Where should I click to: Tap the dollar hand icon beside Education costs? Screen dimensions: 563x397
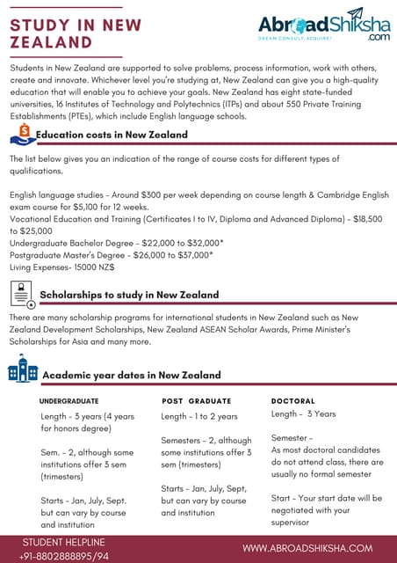click(22, 135)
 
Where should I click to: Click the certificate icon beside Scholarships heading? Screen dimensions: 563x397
click(24, 295)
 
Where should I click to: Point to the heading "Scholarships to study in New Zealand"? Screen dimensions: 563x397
click(130, 295)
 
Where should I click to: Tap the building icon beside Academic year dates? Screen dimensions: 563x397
click(23, 369)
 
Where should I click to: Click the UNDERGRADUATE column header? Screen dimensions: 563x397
click(69, 400)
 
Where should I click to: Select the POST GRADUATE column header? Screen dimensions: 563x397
click(197, 400)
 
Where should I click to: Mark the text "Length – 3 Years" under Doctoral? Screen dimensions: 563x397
click(303, 413)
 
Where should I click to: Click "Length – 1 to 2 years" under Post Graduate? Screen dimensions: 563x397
click(199, 416)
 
